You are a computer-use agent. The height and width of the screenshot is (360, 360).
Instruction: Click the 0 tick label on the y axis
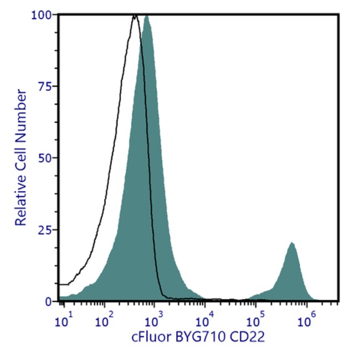click(49, 302)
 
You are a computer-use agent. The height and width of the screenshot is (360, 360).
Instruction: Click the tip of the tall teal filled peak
click(147, 16)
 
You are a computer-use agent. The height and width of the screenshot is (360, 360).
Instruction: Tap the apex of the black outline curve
click(135, 16)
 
